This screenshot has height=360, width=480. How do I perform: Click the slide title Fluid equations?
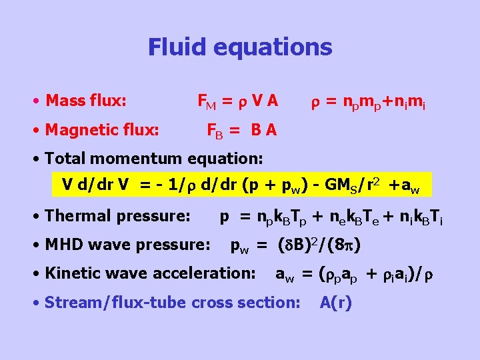tap(240, 47)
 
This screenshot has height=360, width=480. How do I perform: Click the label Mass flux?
tap(85, 101)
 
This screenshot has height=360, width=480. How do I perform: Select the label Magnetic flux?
tap(101, 129)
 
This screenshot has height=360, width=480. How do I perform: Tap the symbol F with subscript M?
tap(207, 102)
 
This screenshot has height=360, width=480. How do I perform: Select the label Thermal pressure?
tap(117, 216)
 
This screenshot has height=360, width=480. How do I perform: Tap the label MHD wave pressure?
tap(127, 245)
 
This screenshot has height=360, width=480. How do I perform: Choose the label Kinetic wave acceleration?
tap(150, 273)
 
